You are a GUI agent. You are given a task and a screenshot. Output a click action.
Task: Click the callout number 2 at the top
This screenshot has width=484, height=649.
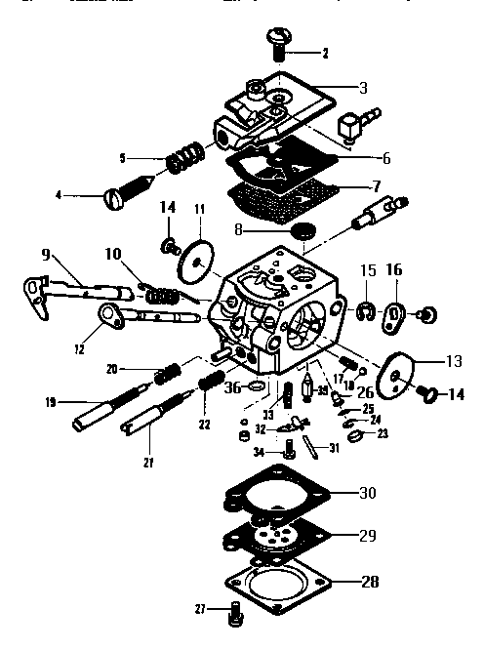[326, 53]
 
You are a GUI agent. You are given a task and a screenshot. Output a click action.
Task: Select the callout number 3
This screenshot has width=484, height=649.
[363, 88]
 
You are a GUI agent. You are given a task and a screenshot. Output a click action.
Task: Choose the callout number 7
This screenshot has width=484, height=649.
[377, 184]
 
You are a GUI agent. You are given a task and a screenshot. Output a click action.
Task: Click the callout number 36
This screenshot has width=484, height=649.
[232, 386]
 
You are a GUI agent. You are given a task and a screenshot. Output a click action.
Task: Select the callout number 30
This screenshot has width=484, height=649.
[367, 493]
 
